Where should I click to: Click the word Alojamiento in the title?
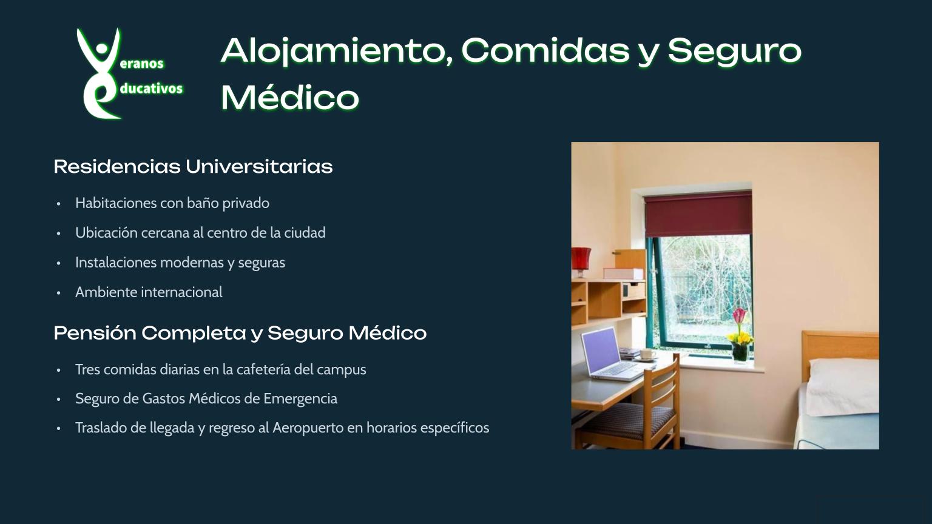(337, 52)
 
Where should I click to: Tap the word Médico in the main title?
(290, 98)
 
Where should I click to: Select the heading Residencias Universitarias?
(193, 166)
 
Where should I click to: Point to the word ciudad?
(305, 232)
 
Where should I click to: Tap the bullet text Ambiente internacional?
(149, 292)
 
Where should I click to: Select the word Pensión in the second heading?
(95, 333)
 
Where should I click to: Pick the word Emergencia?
(300, 398)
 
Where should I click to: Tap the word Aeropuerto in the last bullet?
(308, 428)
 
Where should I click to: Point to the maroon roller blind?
(698, 213)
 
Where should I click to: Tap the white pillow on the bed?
(843, 387)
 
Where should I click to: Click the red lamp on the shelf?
(581, 261)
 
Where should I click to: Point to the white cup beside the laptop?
(648, 354)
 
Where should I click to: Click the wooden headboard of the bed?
(840, 349)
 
